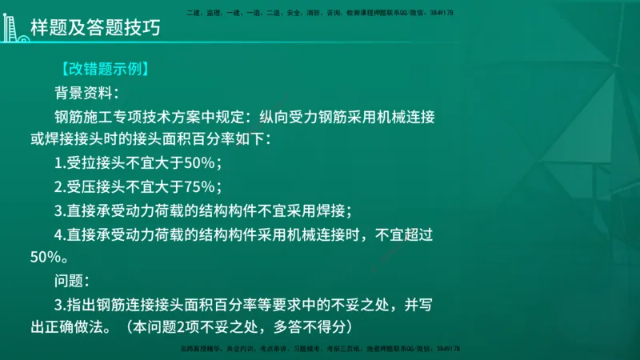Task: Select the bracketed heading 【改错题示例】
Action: click(102, 70)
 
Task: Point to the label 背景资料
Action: click(85, 92)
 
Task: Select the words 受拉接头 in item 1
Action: click(98, 164)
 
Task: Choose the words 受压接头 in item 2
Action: click(98, 188)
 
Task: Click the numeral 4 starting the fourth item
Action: click(59, 235)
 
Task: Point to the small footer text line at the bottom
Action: click(320, 350)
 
